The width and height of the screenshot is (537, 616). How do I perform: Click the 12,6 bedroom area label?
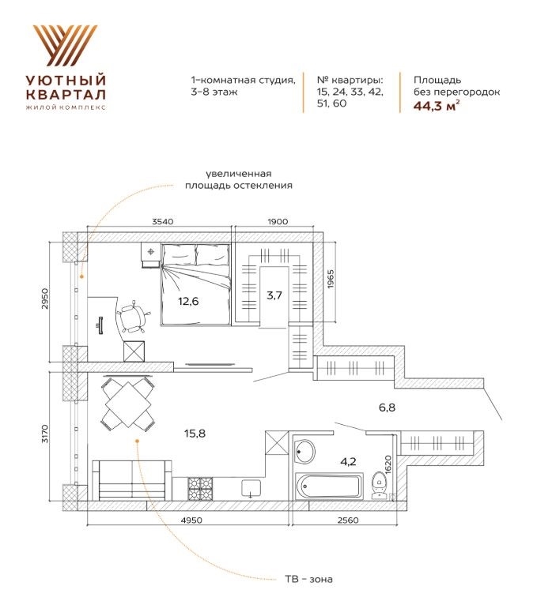(x=188, y=302)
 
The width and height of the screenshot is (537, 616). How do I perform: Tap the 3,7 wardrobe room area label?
(x=274, y=295)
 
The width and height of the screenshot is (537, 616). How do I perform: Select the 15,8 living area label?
(x=195, y=434)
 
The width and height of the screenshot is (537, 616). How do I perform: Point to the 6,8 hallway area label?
(x=387, y=408)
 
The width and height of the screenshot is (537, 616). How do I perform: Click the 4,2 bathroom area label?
(x=348, y=461)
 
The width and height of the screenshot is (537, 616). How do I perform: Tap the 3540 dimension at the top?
(x=162, y=222)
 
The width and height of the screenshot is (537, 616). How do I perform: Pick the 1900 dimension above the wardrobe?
(x=278, y=222)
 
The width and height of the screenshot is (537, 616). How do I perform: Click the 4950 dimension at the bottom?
(x=191, y=520)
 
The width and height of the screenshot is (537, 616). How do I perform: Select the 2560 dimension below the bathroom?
(x=348, y=520)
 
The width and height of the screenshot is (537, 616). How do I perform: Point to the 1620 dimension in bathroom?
(x=388, y=465)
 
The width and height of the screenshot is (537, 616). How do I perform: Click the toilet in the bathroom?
(x=380, y=486)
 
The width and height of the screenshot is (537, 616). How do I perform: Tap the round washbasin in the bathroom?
(x=304, y=452)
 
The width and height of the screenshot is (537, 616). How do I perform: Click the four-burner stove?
(x=200, y=489)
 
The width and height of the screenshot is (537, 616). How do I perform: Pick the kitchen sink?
(x=251, y=488)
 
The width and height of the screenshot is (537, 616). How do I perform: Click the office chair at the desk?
(x=134, y=317)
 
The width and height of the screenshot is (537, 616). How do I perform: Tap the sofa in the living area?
(x=132, y=480)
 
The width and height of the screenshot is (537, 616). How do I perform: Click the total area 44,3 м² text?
(x=437, y=106)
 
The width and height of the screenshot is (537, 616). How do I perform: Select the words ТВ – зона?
(x=308, y=579)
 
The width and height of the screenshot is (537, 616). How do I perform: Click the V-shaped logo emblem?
(x=66, y=45)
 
